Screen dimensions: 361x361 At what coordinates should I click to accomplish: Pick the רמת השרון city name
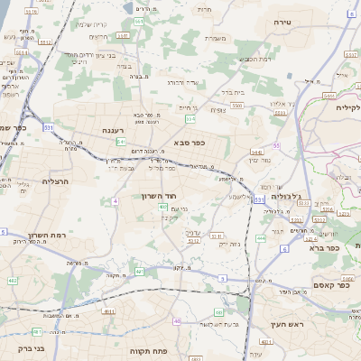click(42, 235)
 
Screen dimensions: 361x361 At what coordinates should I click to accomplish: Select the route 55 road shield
click(276, 144)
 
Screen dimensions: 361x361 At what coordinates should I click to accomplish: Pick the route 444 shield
click(261, 238)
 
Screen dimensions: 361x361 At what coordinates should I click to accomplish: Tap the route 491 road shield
click(139, 271)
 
